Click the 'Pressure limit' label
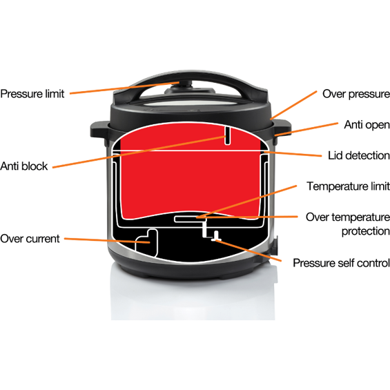32,94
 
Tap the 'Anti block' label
24,166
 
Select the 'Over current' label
30,239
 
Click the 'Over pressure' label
356,94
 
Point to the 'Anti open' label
367,125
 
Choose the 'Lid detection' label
359,155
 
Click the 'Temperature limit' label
348,186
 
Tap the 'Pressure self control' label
341,263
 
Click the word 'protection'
366,231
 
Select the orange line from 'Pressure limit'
124,88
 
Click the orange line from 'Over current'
107,240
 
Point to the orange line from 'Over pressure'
293,105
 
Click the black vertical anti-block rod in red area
227,136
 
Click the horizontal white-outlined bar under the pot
191,219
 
